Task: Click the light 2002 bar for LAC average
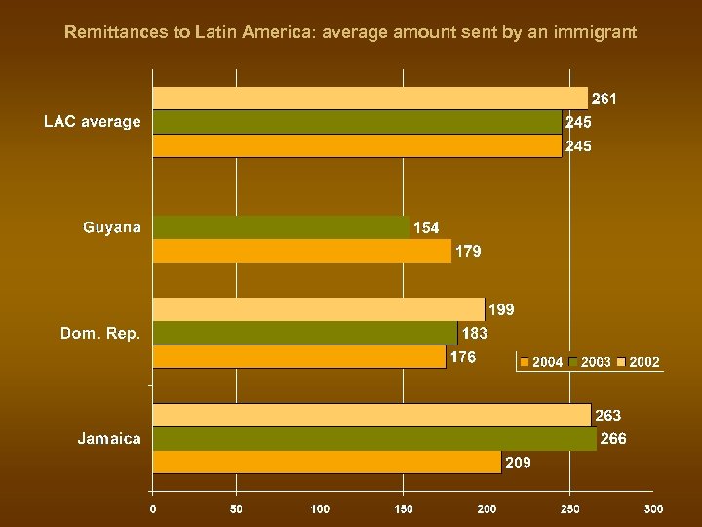[370, 98]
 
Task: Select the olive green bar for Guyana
[281, 227]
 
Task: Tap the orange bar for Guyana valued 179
[301, 251]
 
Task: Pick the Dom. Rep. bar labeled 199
[318, 309]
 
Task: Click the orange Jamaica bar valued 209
[327, 463]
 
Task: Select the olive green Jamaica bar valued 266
[374, 439]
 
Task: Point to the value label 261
[604, 99]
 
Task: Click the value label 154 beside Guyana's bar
[426, 227]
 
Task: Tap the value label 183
[475, 333]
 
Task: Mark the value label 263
[607, 416]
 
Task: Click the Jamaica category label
[109, 439]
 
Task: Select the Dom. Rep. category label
[100, 333]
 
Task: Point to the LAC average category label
[93, 122]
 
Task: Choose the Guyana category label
[111, 227]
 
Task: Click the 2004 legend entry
[541, 362]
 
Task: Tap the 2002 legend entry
[638, 362]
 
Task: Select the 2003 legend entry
[590, 362]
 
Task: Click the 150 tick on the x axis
[403, 508]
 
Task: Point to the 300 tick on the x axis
[654, 508]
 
